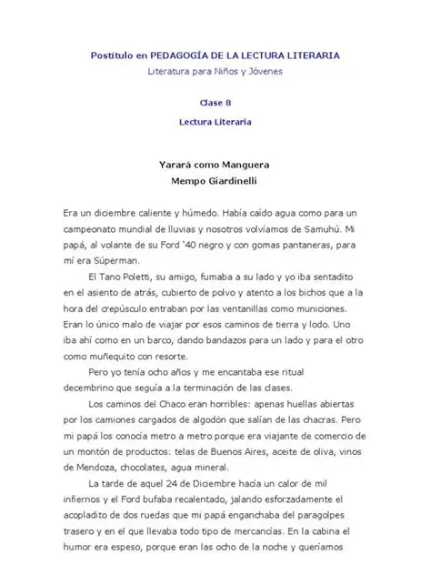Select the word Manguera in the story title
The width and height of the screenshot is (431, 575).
246,165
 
